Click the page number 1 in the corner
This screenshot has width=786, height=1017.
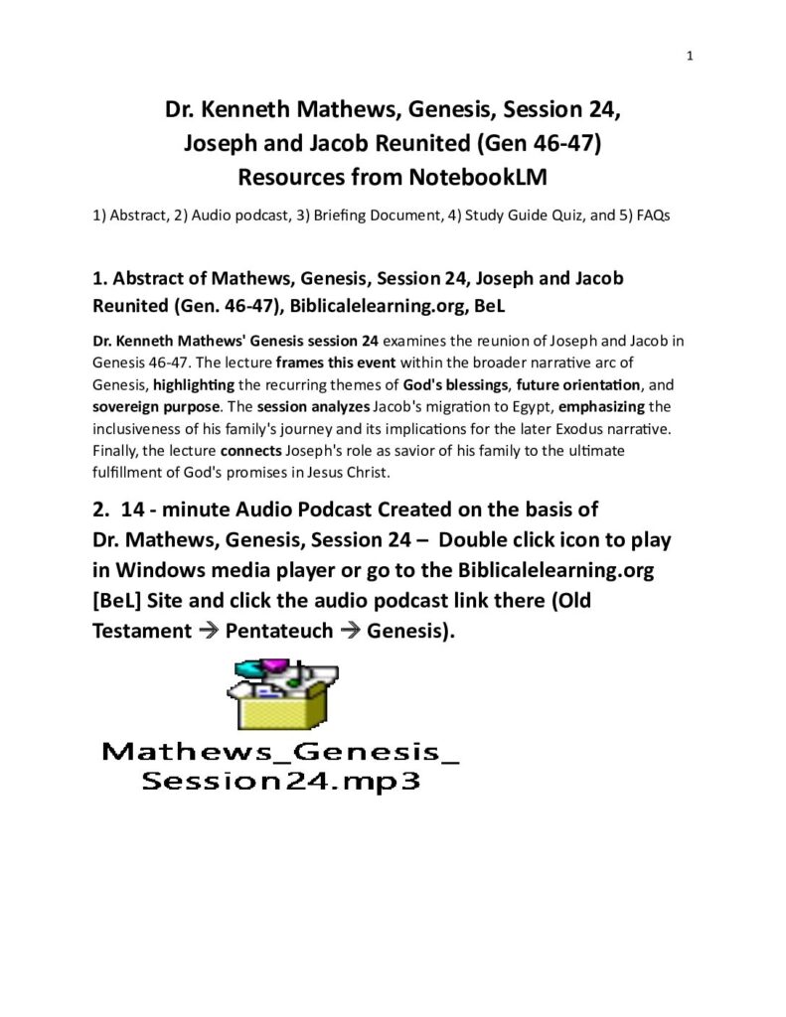tap(689, 56)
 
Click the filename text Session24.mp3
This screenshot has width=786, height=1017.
tap(281, 781)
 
